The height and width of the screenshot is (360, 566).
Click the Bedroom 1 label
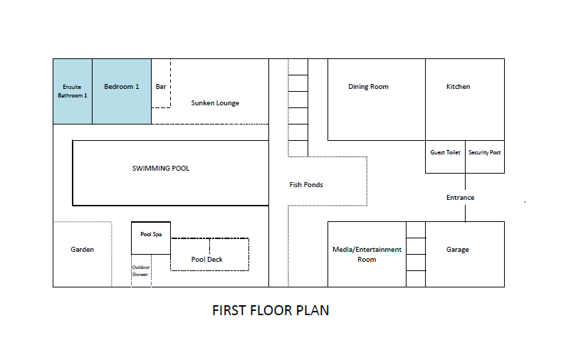[121, 87]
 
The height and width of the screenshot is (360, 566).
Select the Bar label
[161, 87]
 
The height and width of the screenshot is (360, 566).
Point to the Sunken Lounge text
[215, 103]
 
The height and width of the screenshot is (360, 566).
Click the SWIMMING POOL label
[161, 169]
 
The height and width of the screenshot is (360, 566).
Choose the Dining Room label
[368, 87]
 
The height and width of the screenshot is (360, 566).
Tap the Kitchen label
[458, 87]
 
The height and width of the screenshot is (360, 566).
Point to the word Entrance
[460, 198]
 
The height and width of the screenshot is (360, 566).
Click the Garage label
[458, 250]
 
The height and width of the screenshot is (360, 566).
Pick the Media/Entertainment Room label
[367, 255]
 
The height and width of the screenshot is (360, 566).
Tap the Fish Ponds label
[306, 185]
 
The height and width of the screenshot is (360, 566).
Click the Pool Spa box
[151, 235]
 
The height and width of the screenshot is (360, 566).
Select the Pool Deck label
[207, 260]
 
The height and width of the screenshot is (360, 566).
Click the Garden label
[82, 250]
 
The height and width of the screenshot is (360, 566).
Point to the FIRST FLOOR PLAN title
[271, 311]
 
